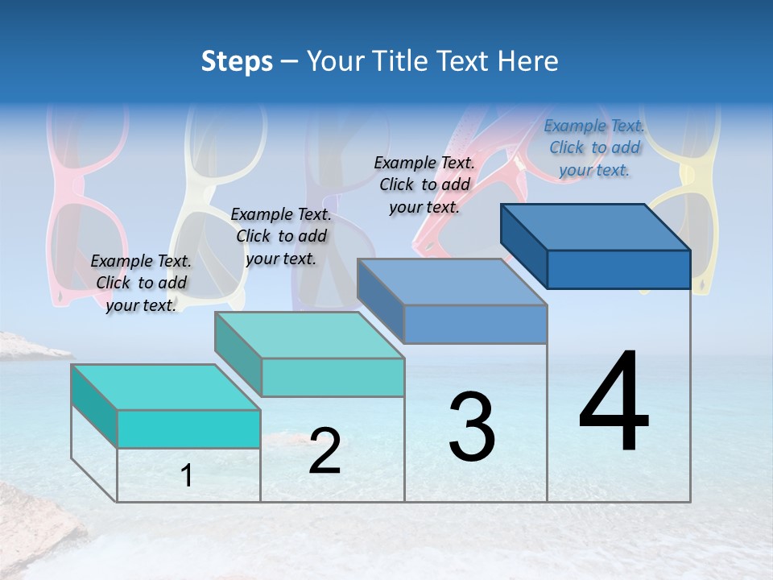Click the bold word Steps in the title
point(237,61)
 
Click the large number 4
point(614,403)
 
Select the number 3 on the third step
point(472,426)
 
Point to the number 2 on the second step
point(324,452)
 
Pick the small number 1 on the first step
point(187,476)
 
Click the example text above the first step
point(141,283)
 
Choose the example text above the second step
point(281,236)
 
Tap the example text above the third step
point(424,184)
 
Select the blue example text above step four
point(594,147)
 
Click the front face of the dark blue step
point(618,269)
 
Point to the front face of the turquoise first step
point(188,429)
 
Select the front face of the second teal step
point(333,377)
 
